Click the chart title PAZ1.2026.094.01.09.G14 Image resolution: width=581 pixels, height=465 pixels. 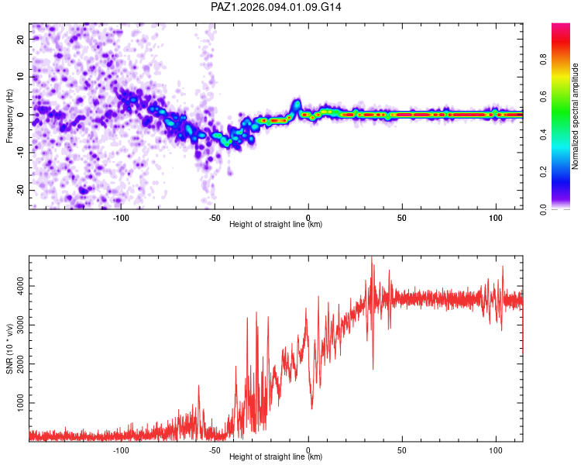pyautogui.click(x=276, y=7)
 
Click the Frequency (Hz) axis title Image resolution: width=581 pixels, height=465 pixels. pyautogui.click(x=9, y=116)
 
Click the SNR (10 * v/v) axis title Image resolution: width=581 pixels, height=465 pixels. pyautogui.click(x=9, y=349)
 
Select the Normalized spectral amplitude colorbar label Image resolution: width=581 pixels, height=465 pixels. pyautogui.click(x=575, y=116)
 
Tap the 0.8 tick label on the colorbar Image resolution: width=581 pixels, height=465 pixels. pyautogui.click(x=543, y=60)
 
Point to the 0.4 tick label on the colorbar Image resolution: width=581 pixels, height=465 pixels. pyautogui.click(x=543, y=135)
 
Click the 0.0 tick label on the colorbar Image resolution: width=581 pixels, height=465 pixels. pyautogui.click(x=543, y=210)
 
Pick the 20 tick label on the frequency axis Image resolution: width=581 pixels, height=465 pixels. pyautogui.click(x=20, y=40)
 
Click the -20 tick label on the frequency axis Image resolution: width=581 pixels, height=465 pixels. pyautogui.click(x=20, y=190)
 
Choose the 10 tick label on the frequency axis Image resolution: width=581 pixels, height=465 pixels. pyautogui.click(x=20, y=77)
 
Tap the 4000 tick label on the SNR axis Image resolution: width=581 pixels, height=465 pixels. pyautogui.click(x=20, y=286)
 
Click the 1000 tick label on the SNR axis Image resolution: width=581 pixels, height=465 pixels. pyautogui.click(x=20, y=403)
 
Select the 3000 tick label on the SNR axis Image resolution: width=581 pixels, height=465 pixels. pyautogui.click(x=20, y=325)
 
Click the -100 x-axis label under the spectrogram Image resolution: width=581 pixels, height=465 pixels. pyautogui.click(x=121, y=218)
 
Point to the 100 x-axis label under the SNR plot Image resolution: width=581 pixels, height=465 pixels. pyautogui.click(x=496, y=450)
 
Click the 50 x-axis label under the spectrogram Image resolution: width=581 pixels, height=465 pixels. pyautogui.click(x=402, y=218)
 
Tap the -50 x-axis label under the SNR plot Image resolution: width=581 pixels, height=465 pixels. pyautogui.click(x=215, y=450)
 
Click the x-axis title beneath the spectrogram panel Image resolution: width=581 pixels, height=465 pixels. pyautogui.click(x=276, y=224)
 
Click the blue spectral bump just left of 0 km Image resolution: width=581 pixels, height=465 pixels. pyautogui.click(x=297, y=105)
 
